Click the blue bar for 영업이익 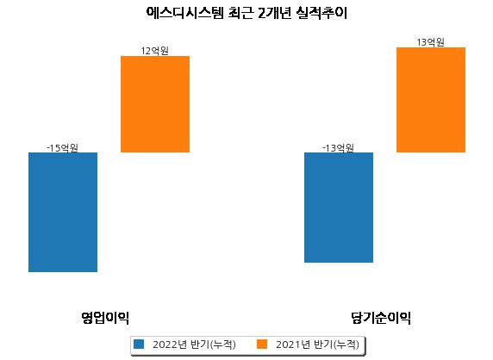(63, 212)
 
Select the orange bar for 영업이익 (155, 104)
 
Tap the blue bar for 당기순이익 (339, 208)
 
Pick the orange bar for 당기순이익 (431, 100)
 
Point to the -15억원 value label (62, 147)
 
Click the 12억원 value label (154, 51)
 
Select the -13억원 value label (338, 147)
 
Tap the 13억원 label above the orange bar (430, 42)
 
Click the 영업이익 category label (105, 318)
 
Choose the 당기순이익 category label (381, 318)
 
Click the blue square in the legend (139, 344)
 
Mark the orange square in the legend (262, 344)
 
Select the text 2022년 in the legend (170, 344)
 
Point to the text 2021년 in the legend (293, 344)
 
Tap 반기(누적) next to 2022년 (213, 344)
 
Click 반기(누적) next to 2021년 (336, 344)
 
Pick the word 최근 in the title (240, 13)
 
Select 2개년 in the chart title (274, 13)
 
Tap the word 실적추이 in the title (321, 13)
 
